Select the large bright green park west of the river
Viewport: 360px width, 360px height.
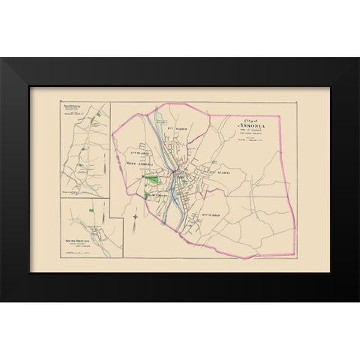[151, 179]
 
